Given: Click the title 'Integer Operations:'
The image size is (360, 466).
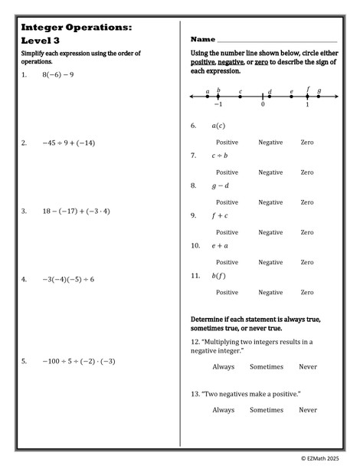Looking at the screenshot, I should click(77, 27).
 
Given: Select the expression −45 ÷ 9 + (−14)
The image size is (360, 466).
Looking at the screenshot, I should click(69, 143).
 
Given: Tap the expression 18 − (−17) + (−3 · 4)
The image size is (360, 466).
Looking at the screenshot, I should click(77, 211).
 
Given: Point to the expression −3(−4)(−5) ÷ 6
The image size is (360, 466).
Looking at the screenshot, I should click(69, 279).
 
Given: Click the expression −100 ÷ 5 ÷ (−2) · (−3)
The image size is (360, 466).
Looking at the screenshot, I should click(79, 361).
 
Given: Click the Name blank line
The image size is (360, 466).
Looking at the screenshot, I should click(277, 40).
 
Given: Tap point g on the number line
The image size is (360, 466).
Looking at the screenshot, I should click(319, 97).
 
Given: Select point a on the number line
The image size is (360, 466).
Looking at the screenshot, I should click(207, 97).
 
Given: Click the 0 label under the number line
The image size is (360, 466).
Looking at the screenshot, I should click(263, 105).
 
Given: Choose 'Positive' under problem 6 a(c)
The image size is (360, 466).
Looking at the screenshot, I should click(227, 143).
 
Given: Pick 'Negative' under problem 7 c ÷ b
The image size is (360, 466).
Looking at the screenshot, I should click(270, 172).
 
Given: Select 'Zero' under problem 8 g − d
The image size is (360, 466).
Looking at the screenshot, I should click(307, 202).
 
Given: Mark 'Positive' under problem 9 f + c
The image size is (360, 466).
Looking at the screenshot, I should click(227, 232).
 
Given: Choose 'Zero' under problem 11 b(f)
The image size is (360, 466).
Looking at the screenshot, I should click(307, 292).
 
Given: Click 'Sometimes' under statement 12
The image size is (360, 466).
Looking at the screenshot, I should click(267, 367).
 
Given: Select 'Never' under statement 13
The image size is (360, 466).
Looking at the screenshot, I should click(308, 410).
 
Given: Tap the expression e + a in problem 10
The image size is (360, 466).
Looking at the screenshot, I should click(220, 246).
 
